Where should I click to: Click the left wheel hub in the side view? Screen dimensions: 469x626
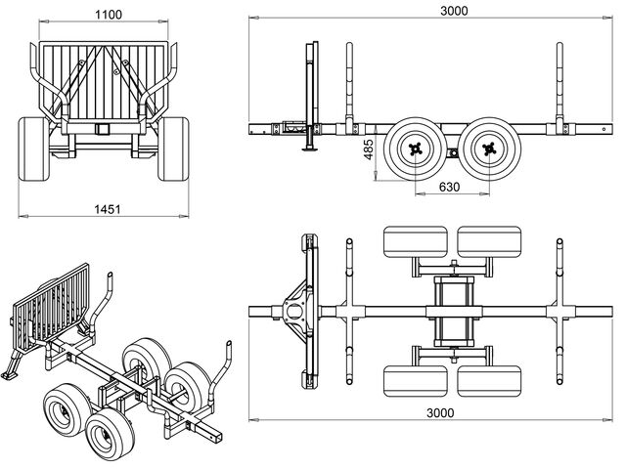point(417,149)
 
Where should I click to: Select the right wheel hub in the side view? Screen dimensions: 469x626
point(488,149)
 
